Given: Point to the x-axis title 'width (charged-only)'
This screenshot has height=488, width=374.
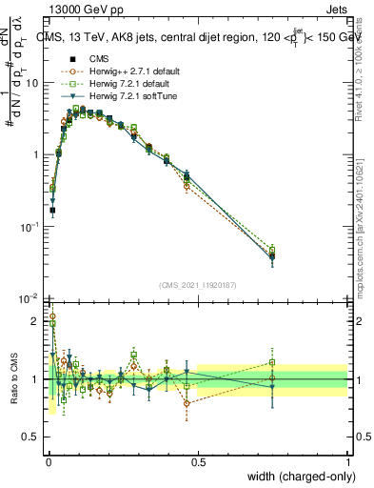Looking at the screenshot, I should pyautogui.click(x=294, y=477).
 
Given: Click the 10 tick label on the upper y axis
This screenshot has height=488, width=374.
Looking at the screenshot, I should pyautogui.click(x=31, y=83).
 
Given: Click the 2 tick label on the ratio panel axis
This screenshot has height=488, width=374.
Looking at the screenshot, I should pyautogui.click(x=37, y=321).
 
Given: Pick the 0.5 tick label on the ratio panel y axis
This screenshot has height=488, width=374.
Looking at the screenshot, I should pyautogui.click(x=32, y=437).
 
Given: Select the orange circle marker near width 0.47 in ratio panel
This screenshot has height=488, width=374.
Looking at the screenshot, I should pyautogui.click(x=187, y=403).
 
